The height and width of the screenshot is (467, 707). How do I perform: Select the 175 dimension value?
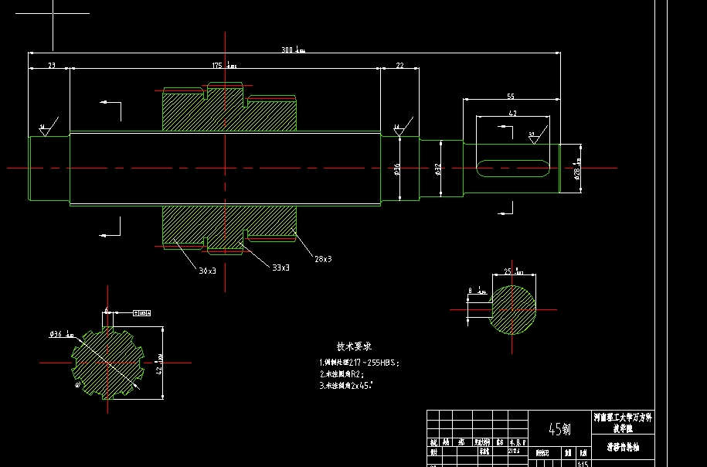click(218, 66)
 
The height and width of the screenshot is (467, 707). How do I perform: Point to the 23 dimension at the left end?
click(51, 66)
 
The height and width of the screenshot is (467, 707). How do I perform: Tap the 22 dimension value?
click(399, 66)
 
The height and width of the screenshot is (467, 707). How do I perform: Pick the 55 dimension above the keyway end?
click(511, 96)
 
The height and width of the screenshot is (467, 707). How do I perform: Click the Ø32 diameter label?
click(437, 169)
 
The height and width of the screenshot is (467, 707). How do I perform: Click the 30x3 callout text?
click(207, 271)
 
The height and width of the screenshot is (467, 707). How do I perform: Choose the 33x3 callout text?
click(280, 267)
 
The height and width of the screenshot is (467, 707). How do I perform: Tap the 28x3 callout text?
click(322, 258)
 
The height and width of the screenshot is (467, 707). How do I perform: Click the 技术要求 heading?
click(354, 346)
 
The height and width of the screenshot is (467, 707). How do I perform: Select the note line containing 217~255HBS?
click(359, 362)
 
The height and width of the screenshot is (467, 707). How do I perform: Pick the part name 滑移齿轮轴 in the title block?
click(621, 447)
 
